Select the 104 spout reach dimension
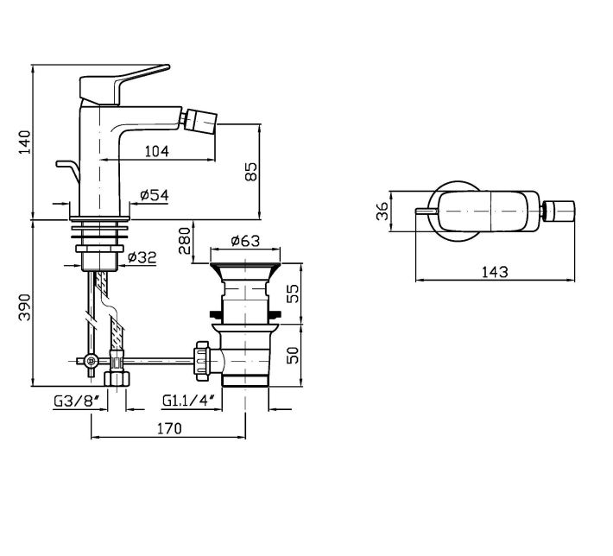coord(156,151)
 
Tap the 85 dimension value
coord(251,171)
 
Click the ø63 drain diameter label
coord(246,241)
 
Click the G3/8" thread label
coord(78,400)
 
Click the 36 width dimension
coord(381,211)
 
